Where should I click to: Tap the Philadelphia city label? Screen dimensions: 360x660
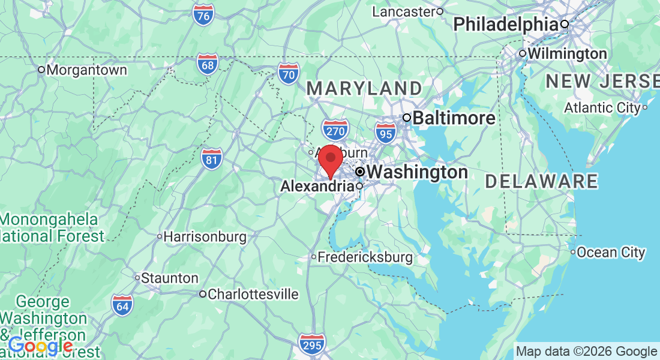click(x=506, y=25)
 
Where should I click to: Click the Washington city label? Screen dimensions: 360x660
click(x=417, y=172)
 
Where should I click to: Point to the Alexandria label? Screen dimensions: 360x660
click(x=317, y=187)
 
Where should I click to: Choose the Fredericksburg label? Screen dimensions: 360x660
click(x=365, y=257)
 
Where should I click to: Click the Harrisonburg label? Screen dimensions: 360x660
click(x=205, y=237)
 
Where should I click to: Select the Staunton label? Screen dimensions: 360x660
click(x=170, y=278)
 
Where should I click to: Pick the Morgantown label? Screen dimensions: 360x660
click(x=86, y=70)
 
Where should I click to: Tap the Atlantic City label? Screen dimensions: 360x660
click(x=602, y=108)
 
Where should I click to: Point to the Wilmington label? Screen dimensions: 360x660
click(x=567, y=54)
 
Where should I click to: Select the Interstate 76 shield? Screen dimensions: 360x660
click(x=204, y=16)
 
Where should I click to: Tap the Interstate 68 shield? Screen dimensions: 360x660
click(x=207, y=64)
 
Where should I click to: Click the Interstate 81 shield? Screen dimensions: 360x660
click(x=211, y=158)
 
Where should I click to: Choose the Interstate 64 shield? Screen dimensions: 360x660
click(x=122, y=305)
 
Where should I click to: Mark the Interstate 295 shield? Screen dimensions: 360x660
click(x=311, y=344)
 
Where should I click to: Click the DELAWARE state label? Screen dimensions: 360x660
click(x=541, y=181)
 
